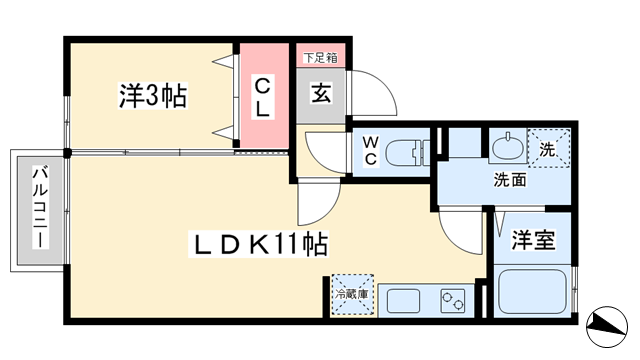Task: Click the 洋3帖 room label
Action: click(x=153, y=96)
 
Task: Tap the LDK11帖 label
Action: click(x=258, y=244)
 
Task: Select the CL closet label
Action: click(x=262, y=98)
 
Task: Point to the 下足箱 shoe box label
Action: click(x=320, y=58)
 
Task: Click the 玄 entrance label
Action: click(x=321, y=93)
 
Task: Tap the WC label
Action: click(x=371, y=151)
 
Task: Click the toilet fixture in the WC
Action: click(x=407, y=153)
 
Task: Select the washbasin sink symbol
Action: click(x=508, y=147)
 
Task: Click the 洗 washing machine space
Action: click(x=549, y=148)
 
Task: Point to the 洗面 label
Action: click(x=510, y=180)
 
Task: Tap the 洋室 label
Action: click(x=533, y=240)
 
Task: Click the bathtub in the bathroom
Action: click(x=532, y=291)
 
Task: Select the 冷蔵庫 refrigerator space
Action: click(x=352, y=294)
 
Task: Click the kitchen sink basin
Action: click(x=403, y=301)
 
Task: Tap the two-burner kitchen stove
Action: click(x=453, y=301)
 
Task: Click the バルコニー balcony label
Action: click(x=40, y=207)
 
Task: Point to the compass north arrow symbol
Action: click(x=607, y=327)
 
